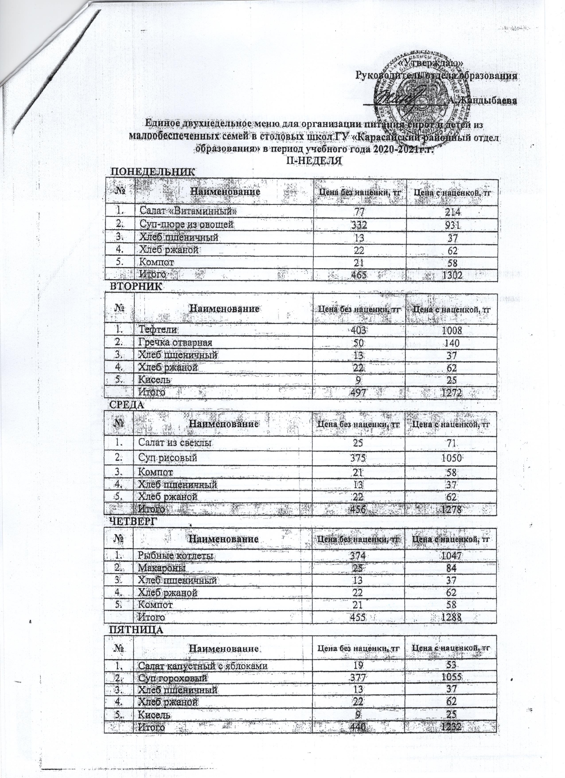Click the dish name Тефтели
pos(158,330)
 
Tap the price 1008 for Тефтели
pos(451,330)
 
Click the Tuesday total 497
pos(359,392)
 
